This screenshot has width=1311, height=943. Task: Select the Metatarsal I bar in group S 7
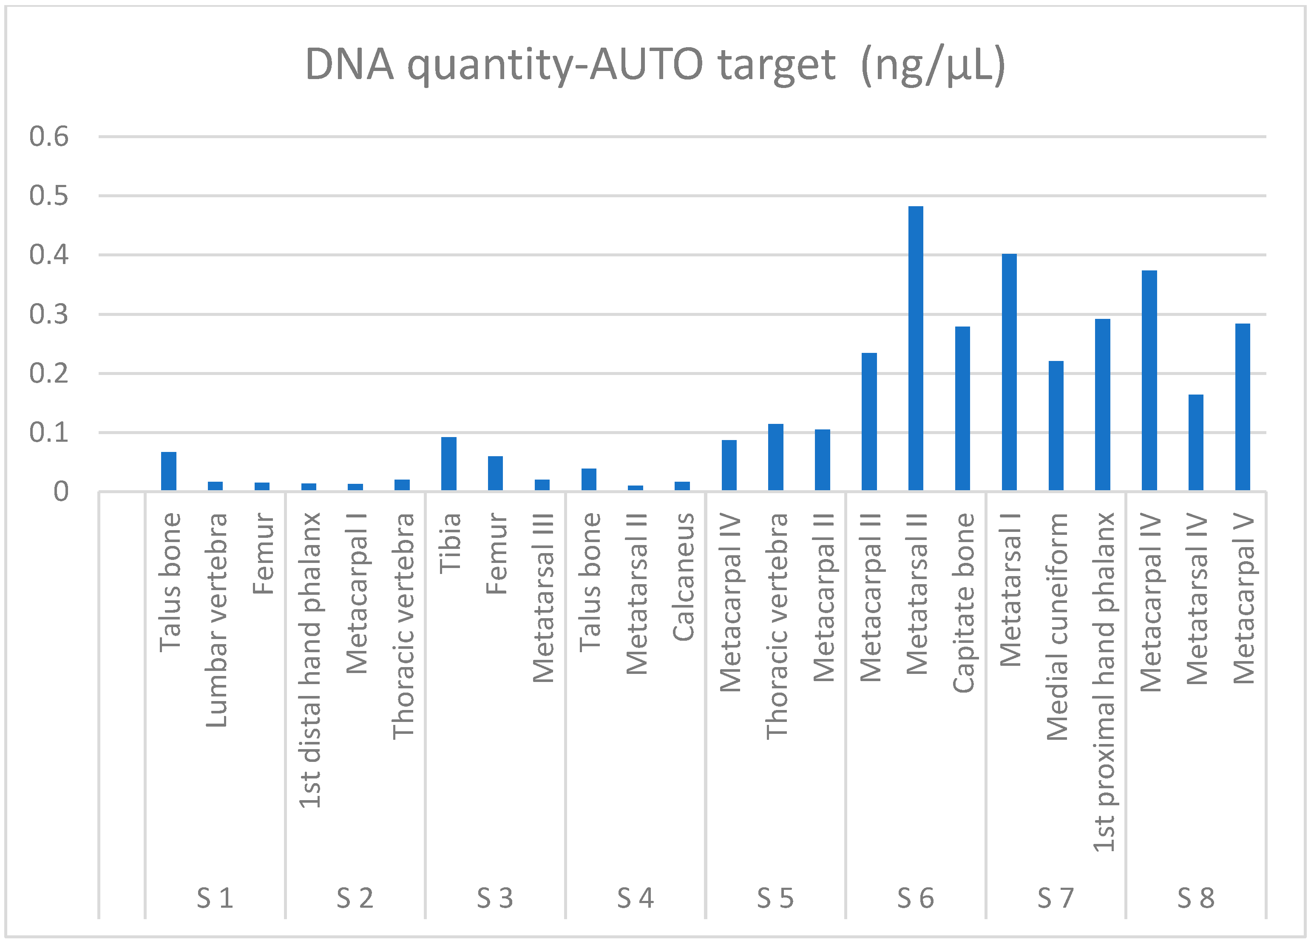coord(1009,372)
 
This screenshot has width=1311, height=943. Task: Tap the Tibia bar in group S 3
coord(448,464)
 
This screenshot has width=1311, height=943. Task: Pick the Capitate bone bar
coord(962,409)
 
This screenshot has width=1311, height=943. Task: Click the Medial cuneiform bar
coord(1056,426)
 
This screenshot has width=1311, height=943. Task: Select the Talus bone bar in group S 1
coord(169,471)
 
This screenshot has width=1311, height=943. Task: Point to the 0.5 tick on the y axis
coord(49,196)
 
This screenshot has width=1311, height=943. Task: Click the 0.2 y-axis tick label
coord(49,373)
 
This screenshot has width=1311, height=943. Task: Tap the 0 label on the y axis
coord(61,492)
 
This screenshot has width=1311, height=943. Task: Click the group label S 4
coord(635,898)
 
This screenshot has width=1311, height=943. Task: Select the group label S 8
coord(1196,898)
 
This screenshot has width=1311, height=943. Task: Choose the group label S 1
coord(215,898)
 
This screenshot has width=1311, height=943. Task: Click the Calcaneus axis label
coord(683,577)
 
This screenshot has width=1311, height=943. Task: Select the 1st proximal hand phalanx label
coord(1104,682)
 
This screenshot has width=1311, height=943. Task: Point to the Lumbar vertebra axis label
coord(216,620)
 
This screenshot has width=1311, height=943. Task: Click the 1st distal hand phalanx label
coord(310,660)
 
